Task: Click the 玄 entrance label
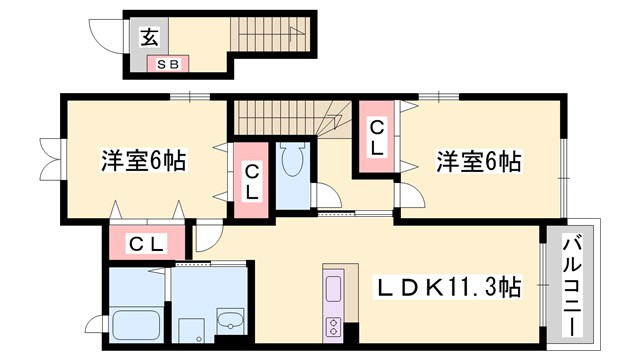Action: coord(148,38)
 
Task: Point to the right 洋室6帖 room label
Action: coord(478,160)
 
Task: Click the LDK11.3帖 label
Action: coord(447,288)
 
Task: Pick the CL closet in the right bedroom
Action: coord(376,137)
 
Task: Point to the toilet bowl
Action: coord(294,160)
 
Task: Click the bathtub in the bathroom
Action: coord(131,325)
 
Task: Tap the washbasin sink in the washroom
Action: coord(230,322)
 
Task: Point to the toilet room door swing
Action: coord(324,196)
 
